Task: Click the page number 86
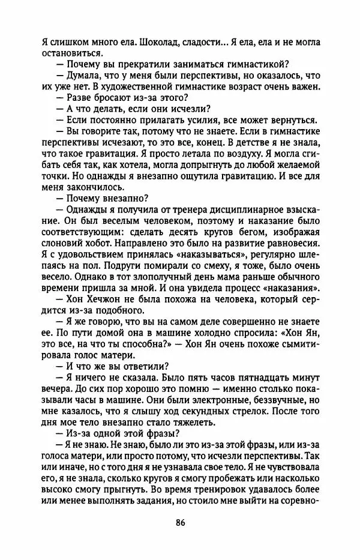pyautogui.click(x=181, y=520)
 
